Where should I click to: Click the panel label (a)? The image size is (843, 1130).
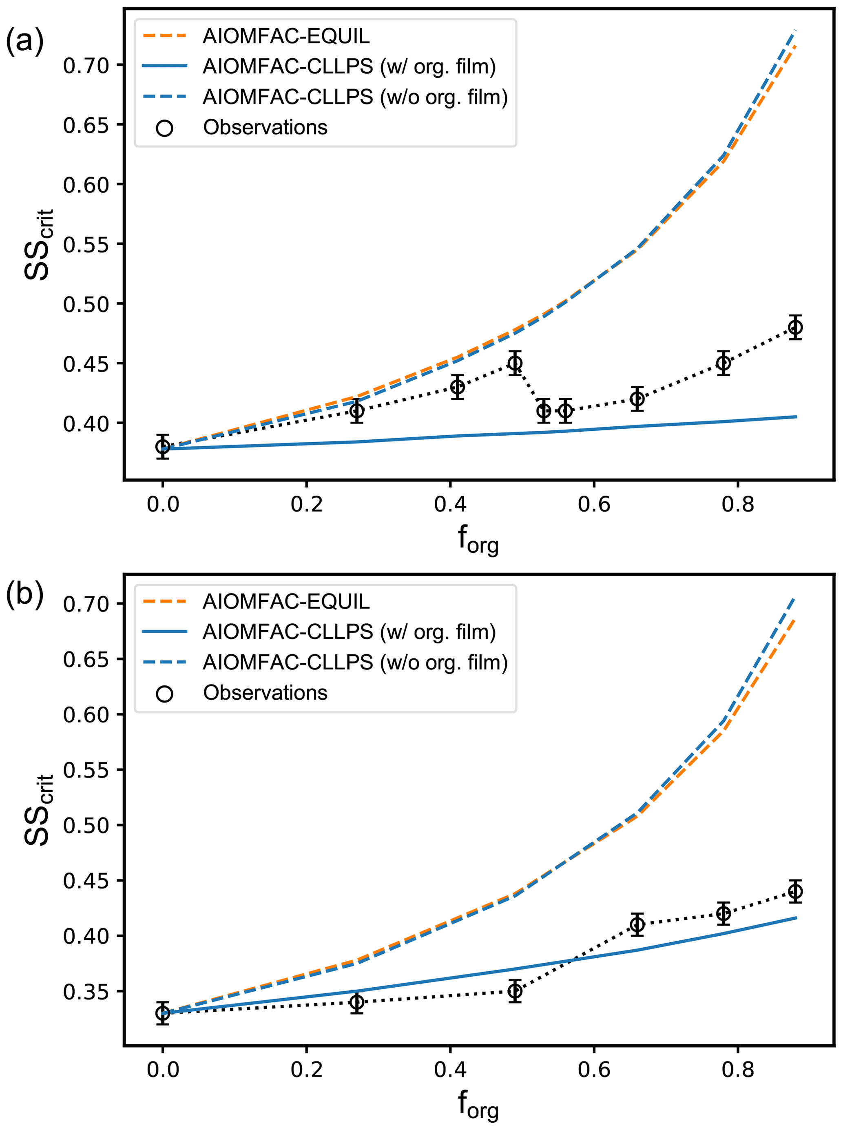point(24,41)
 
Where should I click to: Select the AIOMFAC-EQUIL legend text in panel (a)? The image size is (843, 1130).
point(286,36)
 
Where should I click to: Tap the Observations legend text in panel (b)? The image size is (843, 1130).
point(265,693)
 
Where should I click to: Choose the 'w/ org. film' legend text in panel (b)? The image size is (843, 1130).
point(349,632)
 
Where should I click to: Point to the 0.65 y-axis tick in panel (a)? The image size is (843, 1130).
point(86,125)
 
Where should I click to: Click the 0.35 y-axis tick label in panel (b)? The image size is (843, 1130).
point(86,992)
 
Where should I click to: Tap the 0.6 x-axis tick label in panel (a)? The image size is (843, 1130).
point(594,505)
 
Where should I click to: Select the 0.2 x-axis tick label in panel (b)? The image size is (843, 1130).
point(306,1070)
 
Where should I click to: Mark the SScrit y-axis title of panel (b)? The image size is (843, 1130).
point(39,811)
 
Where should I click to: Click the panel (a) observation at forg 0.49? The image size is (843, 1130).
point(515,363)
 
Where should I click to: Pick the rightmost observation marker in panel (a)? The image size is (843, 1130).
point(795,328)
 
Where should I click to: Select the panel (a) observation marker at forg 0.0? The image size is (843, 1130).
point(163,447)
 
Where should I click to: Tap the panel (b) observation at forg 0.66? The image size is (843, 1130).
point(637,924)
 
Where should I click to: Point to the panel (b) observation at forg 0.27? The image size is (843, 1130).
point(357,1002)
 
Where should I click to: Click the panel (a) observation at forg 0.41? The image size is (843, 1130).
point(458,387)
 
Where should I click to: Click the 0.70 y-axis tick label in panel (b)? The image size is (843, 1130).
point(86,604)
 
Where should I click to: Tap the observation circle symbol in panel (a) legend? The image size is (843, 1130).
point(164,128)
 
